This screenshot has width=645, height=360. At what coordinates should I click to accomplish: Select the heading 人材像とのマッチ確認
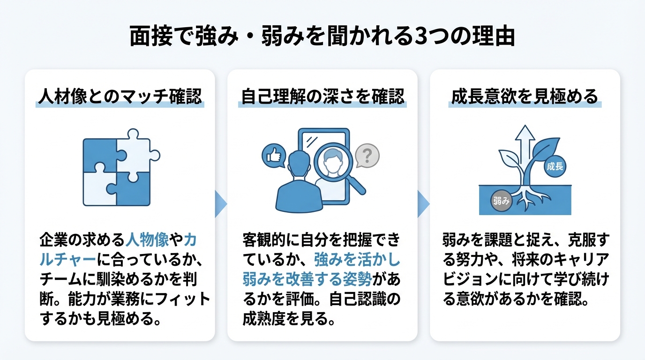pyautogui.click(x=120, y=97)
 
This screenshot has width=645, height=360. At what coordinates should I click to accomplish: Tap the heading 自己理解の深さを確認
pyautogui.click(x=322, y=97)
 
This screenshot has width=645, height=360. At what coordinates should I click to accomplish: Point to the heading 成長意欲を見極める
pyautogui.click(x=525, y=97)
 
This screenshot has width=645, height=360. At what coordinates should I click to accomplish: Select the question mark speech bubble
pyautogui.click(x=367, y=155)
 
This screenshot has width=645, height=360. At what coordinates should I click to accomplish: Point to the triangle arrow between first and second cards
pyautogui.click(x=221, y=204)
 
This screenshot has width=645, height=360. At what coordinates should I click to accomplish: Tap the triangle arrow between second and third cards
pyautogui.click(x=423, y=204)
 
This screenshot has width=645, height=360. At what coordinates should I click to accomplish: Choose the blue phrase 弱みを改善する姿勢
pyautogui.click(x=307, y=279)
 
